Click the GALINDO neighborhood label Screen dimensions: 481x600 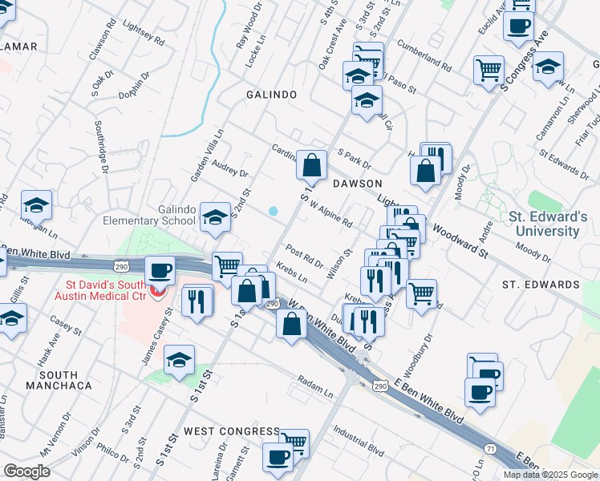271,95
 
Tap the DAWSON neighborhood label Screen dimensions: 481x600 358,184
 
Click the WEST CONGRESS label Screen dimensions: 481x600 232,431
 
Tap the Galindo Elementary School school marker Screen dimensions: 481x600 215,216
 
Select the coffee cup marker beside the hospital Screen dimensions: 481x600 160,270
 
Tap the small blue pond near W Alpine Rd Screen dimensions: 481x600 274,212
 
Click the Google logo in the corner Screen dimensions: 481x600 26,471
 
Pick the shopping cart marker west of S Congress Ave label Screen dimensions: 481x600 489,70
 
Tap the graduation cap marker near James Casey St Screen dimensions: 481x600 180,362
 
